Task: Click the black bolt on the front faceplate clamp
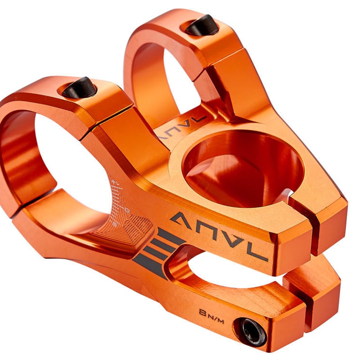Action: pos(79,87)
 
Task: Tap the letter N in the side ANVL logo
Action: pos(207,229)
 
